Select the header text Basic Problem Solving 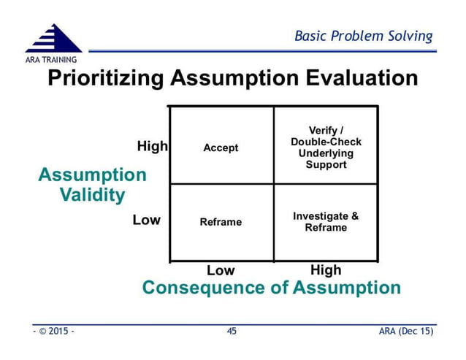click(363, 36)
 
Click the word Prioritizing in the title click(107, 78)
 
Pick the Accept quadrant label click(221, 148)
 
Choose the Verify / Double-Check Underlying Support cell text click(326, 148)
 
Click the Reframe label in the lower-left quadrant click(221, 222)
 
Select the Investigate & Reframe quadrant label click(326, 222)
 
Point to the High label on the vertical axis click(153, 147)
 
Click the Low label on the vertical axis click(147, 220)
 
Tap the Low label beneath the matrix click(221, 271)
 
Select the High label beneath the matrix click(326, 270)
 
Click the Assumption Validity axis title click(92, 185)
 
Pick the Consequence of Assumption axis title click(271, 288)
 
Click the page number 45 click(232, 332)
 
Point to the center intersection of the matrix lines click(274, 183)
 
